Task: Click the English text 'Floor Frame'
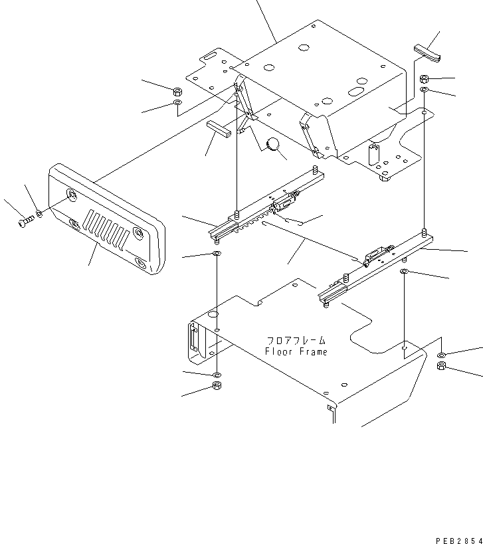[x=296, y=351]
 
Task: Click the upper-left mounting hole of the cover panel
[x=70, y=194]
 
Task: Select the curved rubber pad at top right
[x=427, y=52]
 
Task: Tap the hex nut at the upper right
[x=425, y=80]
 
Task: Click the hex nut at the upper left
[x=177, y=92]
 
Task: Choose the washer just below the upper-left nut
[x=177, y=104]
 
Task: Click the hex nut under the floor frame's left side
[x=217, y=387]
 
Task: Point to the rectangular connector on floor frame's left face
[x=194, y=339]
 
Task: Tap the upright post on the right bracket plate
[x=374, y=155]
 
